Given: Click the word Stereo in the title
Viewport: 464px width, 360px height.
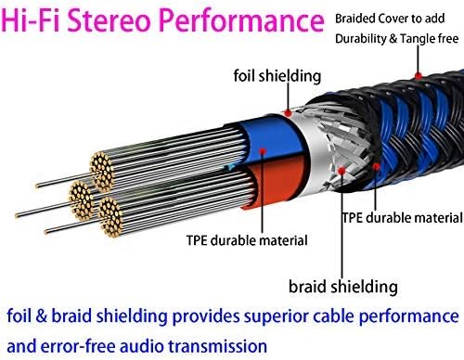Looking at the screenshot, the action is [110, 20].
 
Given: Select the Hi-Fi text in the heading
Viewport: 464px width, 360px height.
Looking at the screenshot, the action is [31, 20].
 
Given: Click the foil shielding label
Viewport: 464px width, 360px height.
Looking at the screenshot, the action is [277, 76].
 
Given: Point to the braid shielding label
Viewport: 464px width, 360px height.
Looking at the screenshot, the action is [343, 287].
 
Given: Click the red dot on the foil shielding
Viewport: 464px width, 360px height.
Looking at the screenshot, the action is [288, 113].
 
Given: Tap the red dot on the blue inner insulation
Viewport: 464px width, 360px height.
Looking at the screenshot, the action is [263, 151].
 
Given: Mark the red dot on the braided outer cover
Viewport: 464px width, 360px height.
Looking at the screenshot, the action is [418, 75].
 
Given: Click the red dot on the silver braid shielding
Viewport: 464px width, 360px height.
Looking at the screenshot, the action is [342, 171].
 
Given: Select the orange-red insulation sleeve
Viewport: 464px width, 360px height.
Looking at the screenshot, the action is [276, 186].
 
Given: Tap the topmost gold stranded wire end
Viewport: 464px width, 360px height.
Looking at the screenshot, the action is [102, 171].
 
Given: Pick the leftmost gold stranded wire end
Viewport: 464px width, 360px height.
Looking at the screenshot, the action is [81, 200].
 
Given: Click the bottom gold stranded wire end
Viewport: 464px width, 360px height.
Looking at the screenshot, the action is [110, 217].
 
